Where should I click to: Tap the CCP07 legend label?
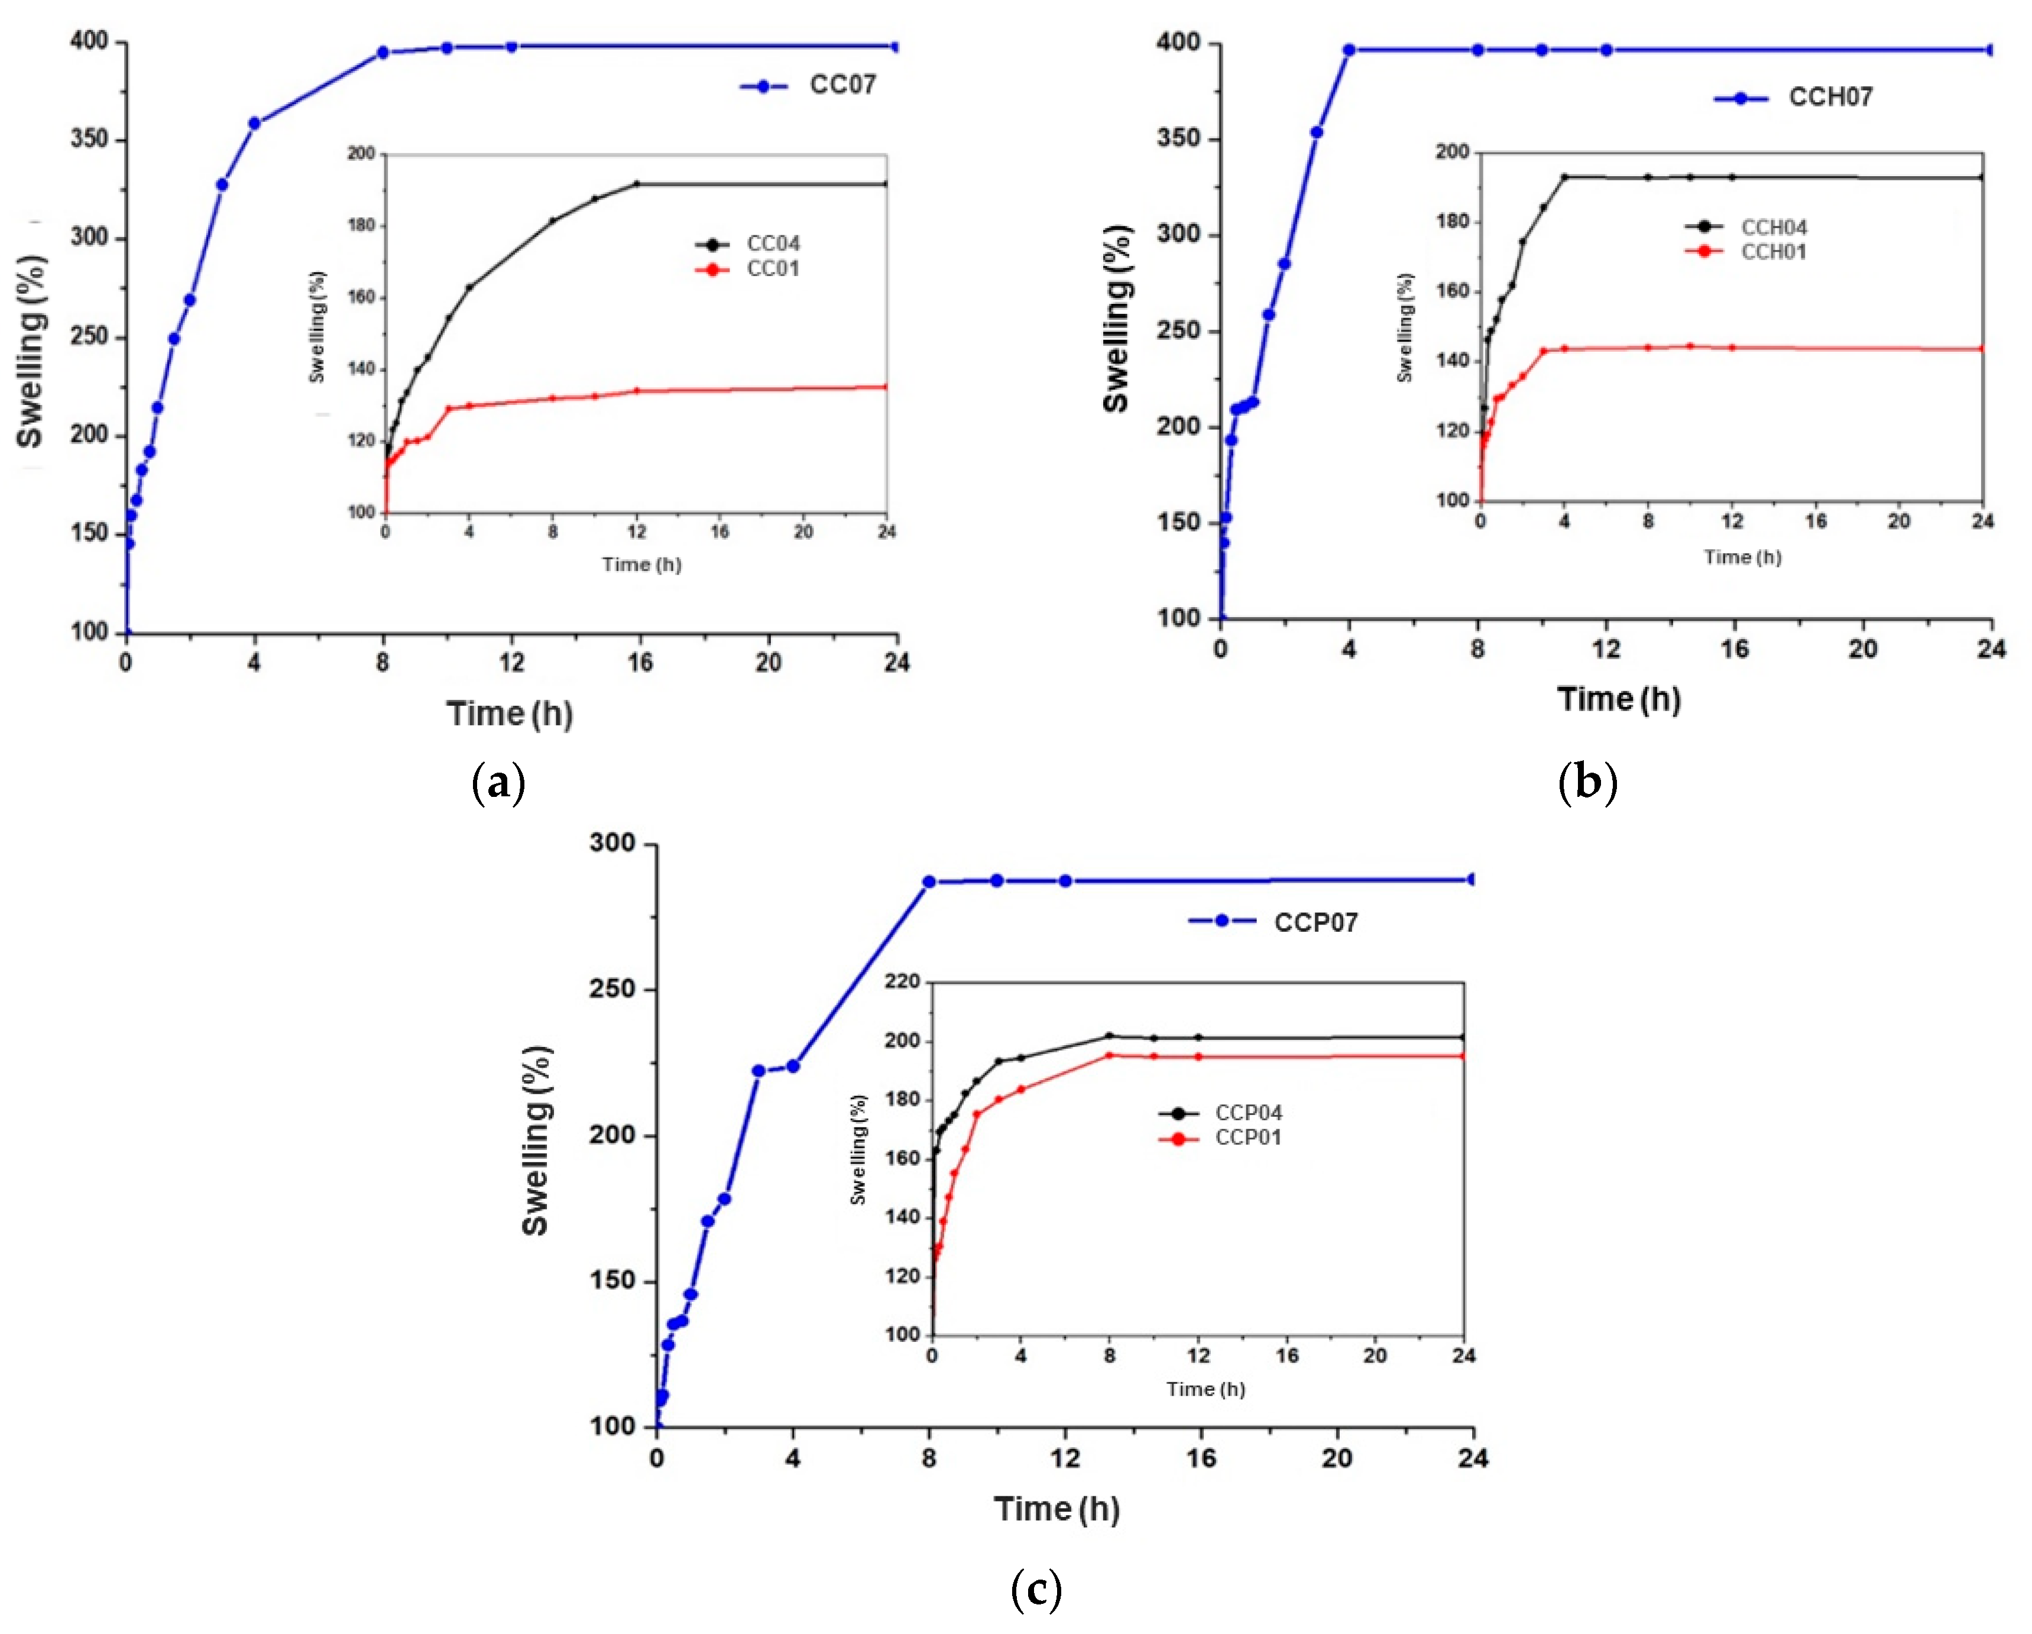click(1315, 923)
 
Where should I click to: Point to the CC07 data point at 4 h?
click(254, 124)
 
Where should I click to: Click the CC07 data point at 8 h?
click(383, 53)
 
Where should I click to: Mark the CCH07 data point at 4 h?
click(1349, 50)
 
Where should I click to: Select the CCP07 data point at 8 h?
click(928, 882)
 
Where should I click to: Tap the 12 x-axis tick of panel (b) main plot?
click(1606, 649)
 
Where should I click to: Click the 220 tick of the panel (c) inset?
click(902, 982)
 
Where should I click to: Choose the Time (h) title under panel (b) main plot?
click(1618, 699)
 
